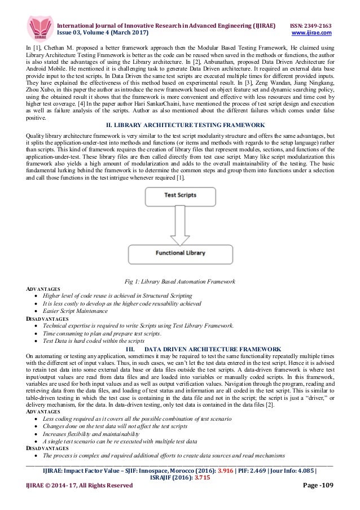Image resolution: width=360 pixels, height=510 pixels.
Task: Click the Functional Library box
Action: [x=180, y=252]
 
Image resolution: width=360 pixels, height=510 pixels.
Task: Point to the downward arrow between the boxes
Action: [x=180, y=225]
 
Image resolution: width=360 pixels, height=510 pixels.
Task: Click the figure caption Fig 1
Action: [x=179, y=281]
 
